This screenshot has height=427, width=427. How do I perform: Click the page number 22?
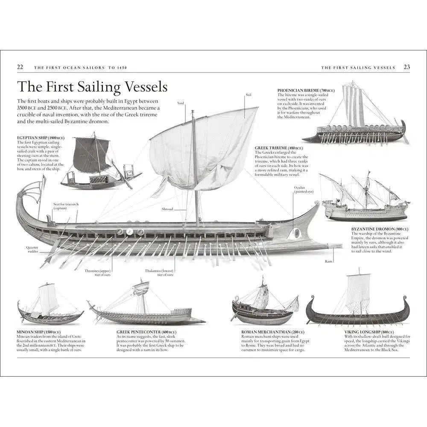point(20,67)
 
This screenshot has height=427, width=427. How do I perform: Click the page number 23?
point(407,67)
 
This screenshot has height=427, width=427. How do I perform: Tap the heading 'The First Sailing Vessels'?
point(92,87)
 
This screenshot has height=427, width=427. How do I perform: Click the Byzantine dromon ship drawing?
point(365,199)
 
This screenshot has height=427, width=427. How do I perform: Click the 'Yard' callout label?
point(180,103)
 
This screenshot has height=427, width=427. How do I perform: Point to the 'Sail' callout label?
point(248,94)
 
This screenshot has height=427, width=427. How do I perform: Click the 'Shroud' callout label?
point(167,209)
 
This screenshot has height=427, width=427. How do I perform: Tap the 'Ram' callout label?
point(328,261)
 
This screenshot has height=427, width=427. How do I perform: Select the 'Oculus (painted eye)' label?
point(303,190)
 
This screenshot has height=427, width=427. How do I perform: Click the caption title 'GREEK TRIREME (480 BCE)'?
point(278,148)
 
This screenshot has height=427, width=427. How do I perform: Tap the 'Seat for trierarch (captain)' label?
point(66,206)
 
